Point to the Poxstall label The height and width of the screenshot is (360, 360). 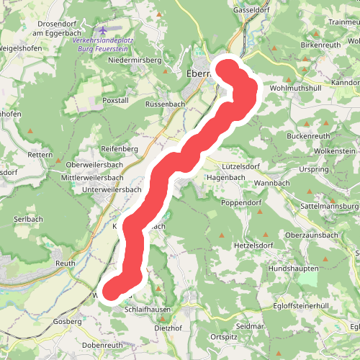(x=115, y=100)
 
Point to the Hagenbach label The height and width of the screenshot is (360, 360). (x=226, y=176)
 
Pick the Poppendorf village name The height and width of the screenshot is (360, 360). (x=240, y=203)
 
